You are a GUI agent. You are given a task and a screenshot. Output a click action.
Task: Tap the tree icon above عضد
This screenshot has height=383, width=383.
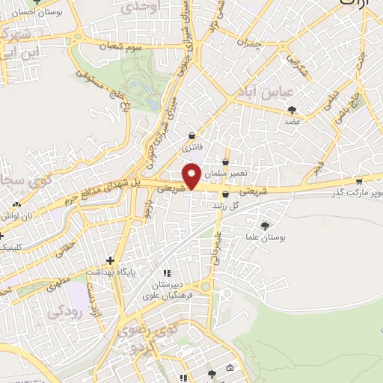tap(292, 110)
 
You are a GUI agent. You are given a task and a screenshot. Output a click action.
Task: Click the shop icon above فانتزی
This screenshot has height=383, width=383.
tap(194, 136)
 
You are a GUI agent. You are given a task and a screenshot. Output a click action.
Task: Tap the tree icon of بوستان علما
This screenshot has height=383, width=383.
tap(266, 225)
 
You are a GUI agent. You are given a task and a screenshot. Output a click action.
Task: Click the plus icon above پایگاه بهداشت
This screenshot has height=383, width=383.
tap(110, 260)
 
